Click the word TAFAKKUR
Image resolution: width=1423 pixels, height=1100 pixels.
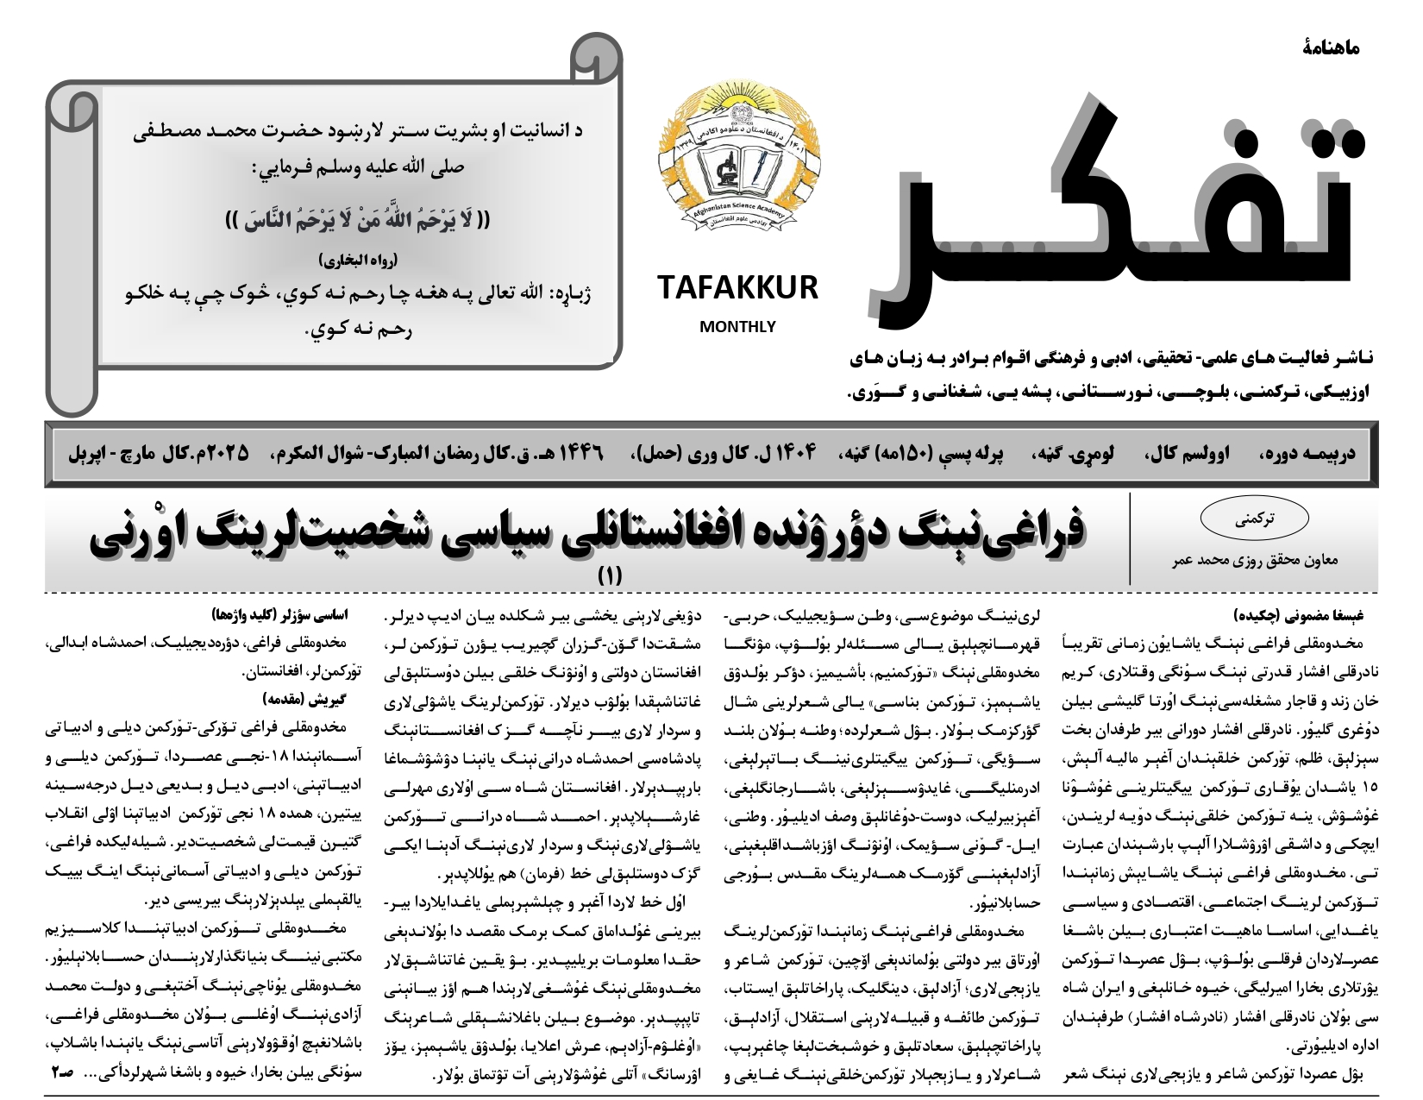(x=737, y=288)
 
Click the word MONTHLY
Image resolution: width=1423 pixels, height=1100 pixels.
(x=737, y=327)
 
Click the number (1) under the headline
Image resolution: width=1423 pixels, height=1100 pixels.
(x=610, y=575)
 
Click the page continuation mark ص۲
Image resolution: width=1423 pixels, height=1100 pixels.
(x=61, y=1073)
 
